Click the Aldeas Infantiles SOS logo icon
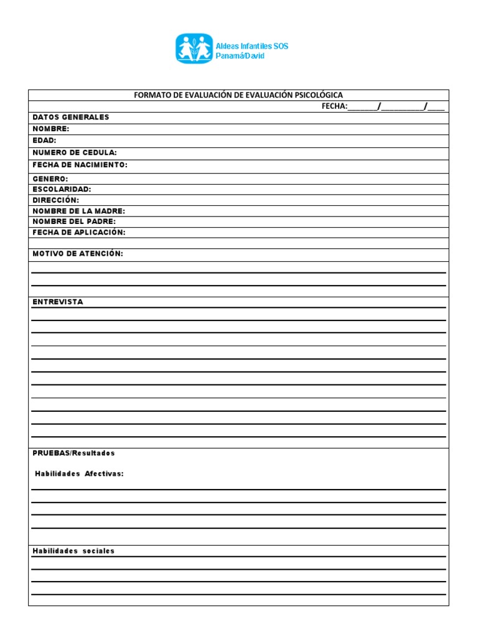pos(194,49)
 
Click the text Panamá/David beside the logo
pos(240,56)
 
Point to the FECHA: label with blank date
pos(334,106)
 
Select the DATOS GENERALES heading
pos(70,117)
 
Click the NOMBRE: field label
pos(51,129)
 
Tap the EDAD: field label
pos(45,141)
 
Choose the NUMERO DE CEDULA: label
pos(75,152)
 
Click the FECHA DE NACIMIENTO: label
pos(80,165)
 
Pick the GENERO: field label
pos(50,179)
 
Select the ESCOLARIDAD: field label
pos(62,189)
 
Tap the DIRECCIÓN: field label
pos(56,200)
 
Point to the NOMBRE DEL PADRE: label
pos(74,221)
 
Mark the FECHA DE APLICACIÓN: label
pos(79,232)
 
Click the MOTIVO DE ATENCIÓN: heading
pos(78,254)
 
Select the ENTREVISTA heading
pos(58,302)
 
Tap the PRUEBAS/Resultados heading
pos(73,453)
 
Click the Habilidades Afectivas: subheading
pos(79,473)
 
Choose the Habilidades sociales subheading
pos(73,551)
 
